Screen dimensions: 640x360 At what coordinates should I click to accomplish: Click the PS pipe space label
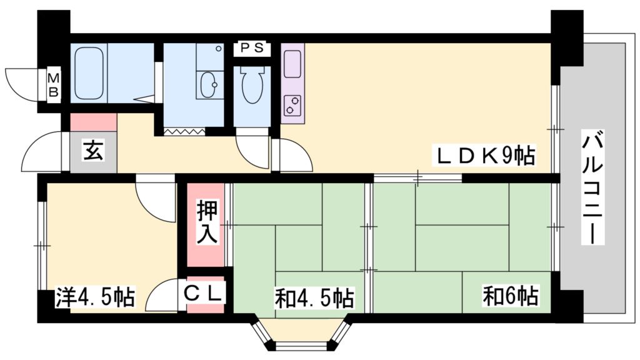(x=252, y=48)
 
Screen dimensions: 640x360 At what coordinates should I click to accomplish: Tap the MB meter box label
(x=54, y=84)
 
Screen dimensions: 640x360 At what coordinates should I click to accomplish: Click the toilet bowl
(x=252, y=84)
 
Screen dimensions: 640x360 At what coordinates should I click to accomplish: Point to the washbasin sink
(x=210, y=85)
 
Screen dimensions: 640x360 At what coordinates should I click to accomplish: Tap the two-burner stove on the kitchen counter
(x=292, y=104)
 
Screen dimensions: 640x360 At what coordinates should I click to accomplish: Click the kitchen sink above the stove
(x=292, y=64)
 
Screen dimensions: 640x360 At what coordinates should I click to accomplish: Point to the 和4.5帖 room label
(x=314, y=298)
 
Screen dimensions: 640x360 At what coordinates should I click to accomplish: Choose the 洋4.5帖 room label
(x=95, y=297)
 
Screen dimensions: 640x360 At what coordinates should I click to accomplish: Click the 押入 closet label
(x=207, y=222)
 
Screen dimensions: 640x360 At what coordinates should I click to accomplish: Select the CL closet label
(x=202, y=293)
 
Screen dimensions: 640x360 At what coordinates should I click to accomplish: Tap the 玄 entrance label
(x=94, y=150)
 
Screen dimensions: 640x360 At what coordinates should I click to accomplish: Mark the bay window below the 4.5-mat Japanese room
(x=302, y=332)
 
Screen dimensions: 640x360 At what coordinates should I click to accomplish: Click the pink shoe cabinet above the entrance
(x=94, y=122)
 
